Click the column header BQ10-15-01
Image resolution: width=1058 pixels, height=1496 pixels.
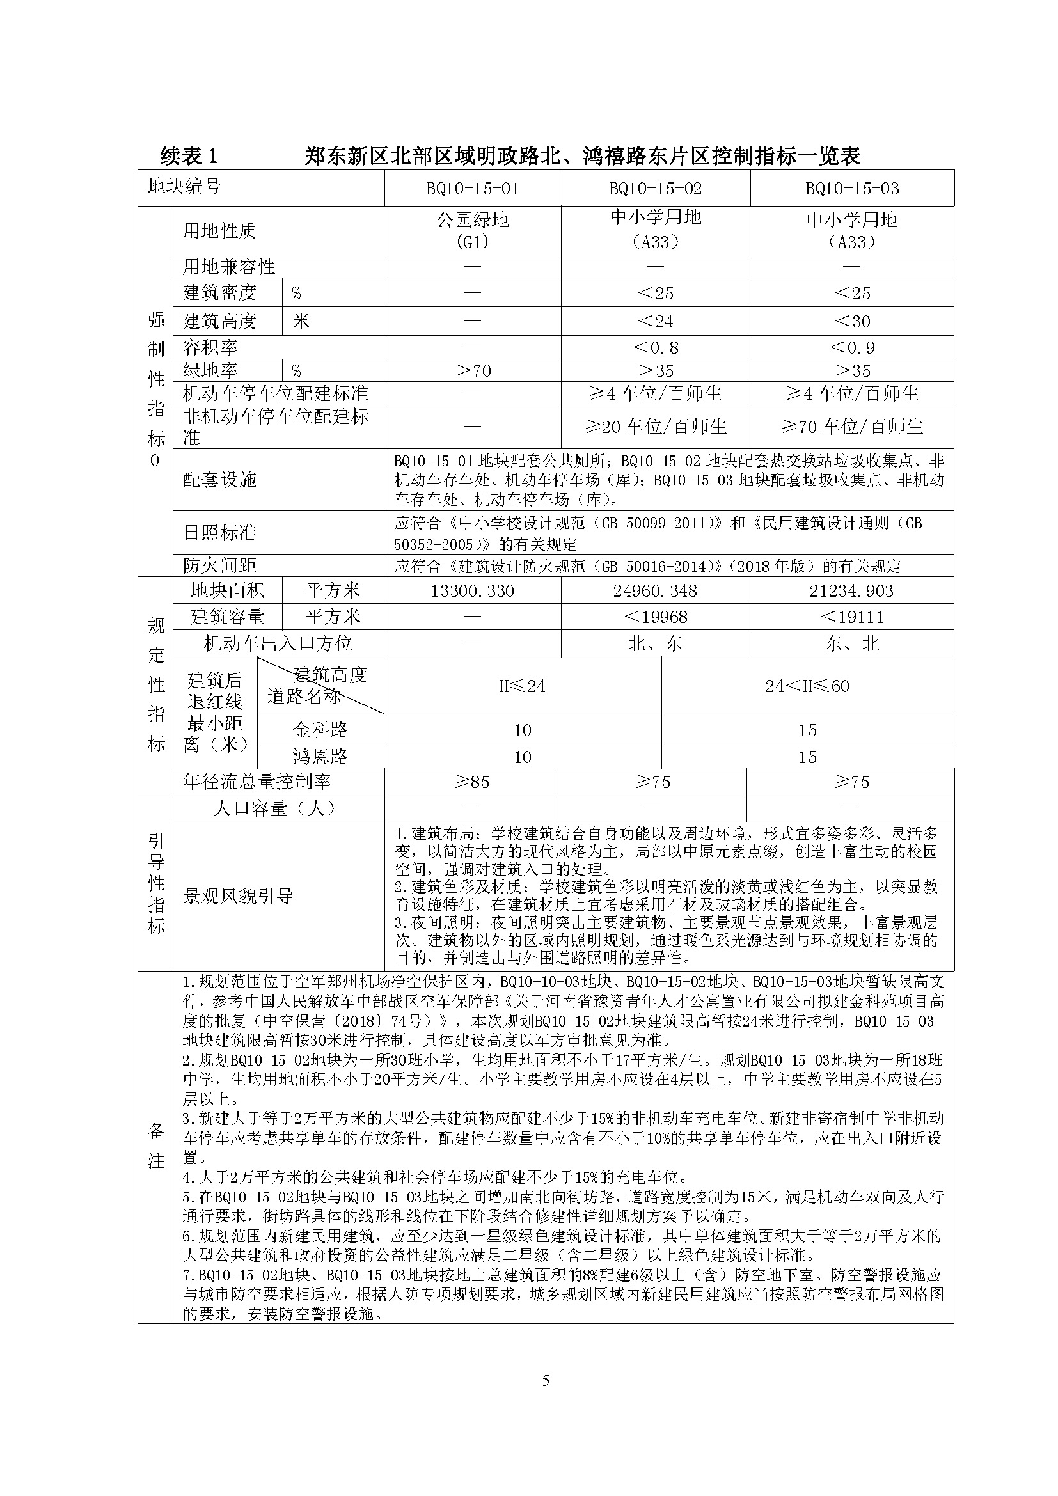[x=472, y=189]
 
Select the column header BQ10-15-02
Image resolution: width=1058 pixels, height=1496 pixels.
[x=656, y=189]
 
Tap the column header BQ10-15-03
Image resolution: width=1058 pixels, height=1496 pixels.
[x=851, y=189]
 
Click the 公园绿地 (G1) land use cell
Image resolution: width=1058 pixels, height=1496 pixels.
[x=472, y=231]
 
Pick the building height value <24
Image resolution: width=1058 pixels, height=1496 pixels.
[x=656, y=321]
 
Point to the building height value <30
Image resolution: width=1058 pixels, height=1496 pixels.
[x=851, y=321]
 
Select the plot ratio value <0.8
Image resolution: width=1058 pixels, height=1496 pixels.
[x=656, y=347]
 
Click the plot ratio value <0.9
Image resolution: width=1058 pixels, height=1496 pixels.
[x=851, y=347]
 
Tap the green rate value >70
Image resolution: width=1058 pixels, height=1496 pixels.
[x=472, y=371]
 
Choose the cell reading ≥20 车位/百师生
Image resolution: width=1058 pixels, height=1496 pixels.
[x=656, y=427]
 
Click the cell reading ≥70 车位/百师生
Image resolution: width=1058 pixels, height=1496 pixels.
[x=851, y=427]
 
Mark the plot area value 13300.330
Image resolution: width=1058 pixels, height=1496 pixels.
[x=472, y=591]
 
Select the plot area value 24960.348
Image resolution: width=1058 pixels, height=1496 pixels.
[x=656, y=591]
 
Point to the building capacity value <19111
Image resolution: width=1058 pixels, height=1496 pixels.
[x=851, y=617]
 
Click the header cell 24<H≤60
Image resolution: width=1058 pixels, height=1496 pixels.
[x=807, y=686]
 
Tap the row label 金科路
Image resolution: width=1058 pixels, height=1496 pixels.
[x=320, y=730]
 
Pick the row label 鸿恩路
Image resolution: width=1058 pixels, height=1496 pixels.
[x=320, y=757]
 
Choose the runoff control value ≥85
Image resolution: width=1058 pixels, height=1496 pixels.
[x=471, y=782]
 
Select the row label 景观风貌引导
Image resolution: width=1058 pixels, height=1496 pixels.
[x=239, y=896]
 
